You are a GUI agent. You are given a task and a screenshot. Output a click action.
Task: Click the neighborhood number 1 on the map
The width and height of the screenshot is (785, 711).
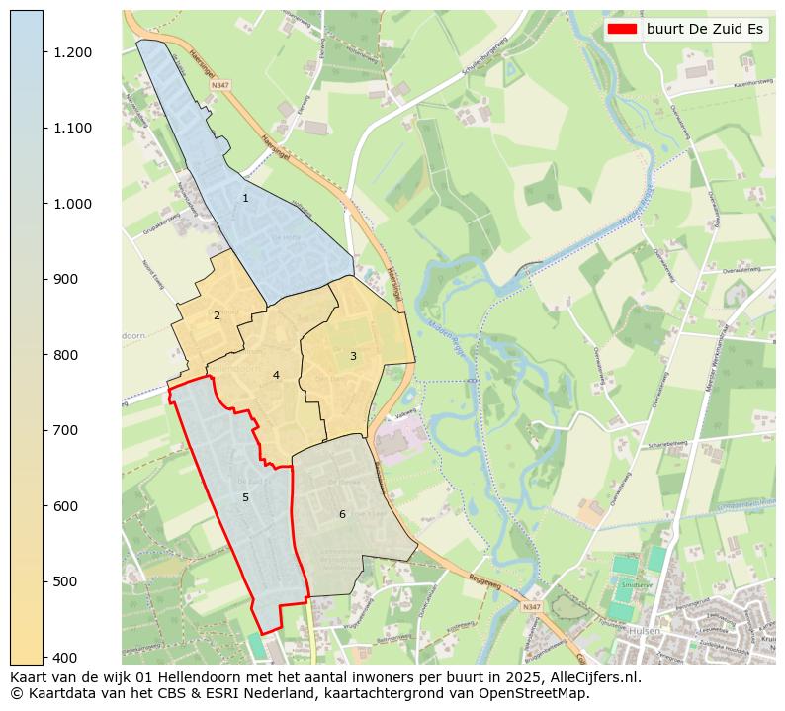(x=245, y=199)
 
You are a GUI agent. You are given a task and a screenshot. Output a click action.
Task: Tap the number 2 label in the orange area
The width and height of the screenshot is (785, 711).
(x=217, y=316)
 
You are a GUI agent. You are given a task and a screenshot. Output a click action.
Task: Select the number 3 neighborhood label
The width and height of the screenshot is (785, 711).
(x=353, y=356)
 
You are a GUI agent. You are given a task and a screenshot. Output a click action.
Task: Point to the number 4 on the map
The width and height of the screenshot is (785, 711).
(x=276, y=375)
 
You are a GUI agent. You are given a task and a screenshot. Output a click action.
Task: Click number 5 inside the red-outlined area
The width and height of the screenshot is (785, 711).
(x=245, y=497)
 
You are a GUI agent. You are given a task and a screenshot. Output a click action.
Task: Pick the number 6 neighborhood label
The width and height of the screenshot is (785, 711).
(x=342, y=514)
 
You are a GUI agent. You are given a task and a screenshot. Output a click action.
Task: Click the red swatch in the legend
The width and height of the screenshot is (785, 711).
(x=623, y=29)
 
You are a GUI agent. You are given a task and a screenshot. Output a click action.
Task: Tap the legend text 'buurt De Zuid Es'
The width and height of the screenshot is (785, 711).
(x=705, y=29)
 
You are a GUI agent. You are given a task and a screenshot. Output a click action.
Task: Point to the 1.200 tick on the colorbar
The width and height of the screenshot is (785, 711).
(x=72, y=52)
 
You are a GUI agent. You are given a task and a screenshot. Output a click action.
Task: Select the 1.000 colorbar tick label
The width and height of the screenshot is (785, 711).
(x=72, y=204)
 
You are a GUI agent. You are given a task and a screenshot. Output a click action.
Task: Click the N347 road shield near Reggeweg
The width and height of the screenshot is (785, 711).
(x=532, y=606)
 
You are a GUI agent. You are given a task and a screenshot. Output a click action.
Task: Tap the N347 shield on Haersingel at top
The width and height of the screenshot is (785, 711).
(x=219, y=85)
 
